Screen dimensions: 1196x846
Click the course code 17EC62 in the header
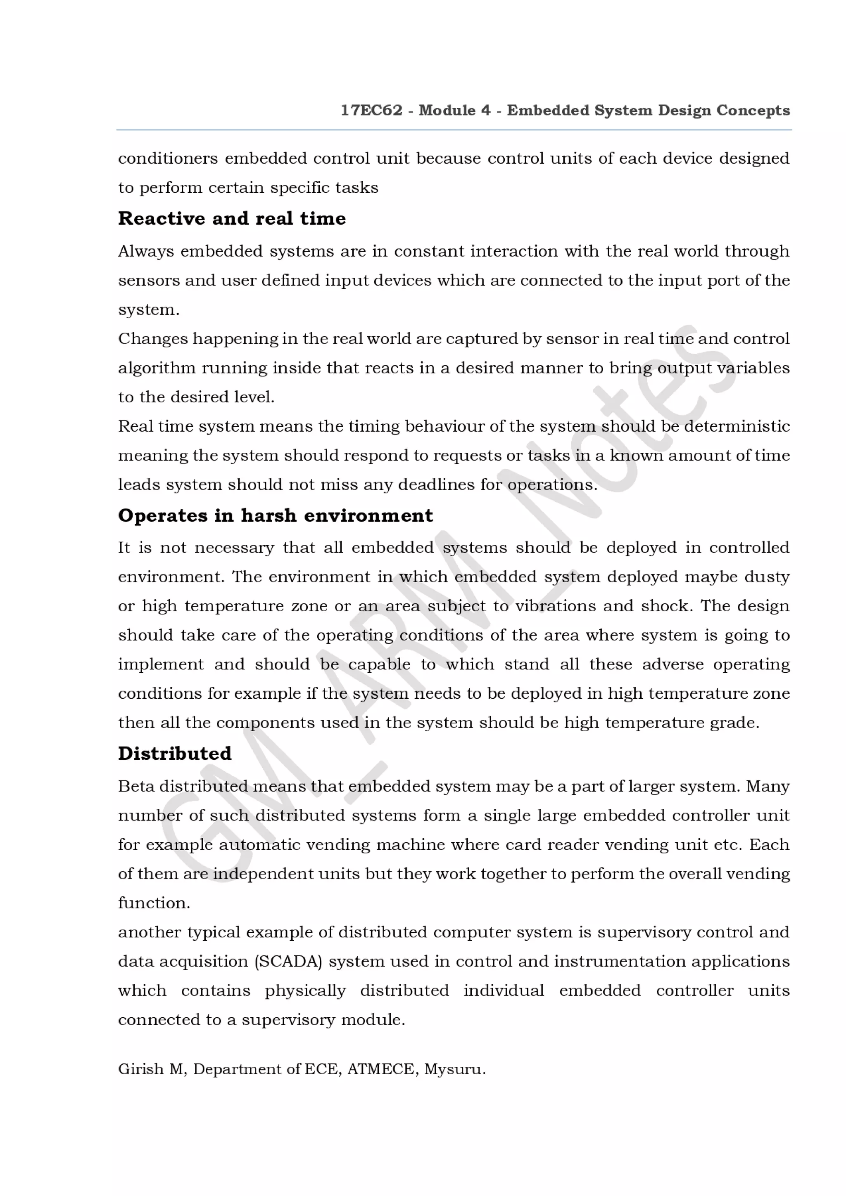371,111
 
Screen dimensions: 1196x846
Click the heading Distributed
175,753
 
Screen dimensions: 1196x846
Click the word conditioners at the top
168,158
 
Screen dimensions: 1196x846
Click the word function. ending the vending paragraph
154,903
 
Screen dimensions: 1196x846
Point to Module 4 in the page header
454,111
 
